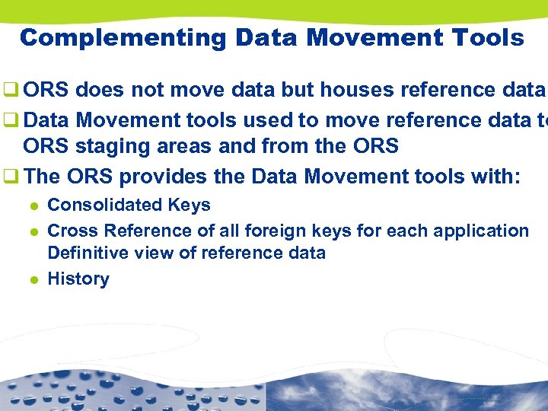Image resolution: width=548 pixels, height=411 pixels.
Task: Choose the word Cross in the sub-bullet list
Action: tap(73, 231)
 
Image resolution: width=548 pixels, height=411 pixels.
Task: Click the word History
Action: tap(78, 279)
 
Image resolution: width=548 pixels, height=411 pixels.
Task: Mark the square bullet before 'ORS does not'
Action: tap(11, 91)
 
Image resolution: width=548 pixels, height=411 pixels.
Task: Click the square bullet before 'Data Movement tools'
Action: tap(11, 119)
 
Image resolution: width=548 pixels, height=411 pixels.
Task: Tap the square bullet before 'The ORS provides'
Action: tap(11, 177)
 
